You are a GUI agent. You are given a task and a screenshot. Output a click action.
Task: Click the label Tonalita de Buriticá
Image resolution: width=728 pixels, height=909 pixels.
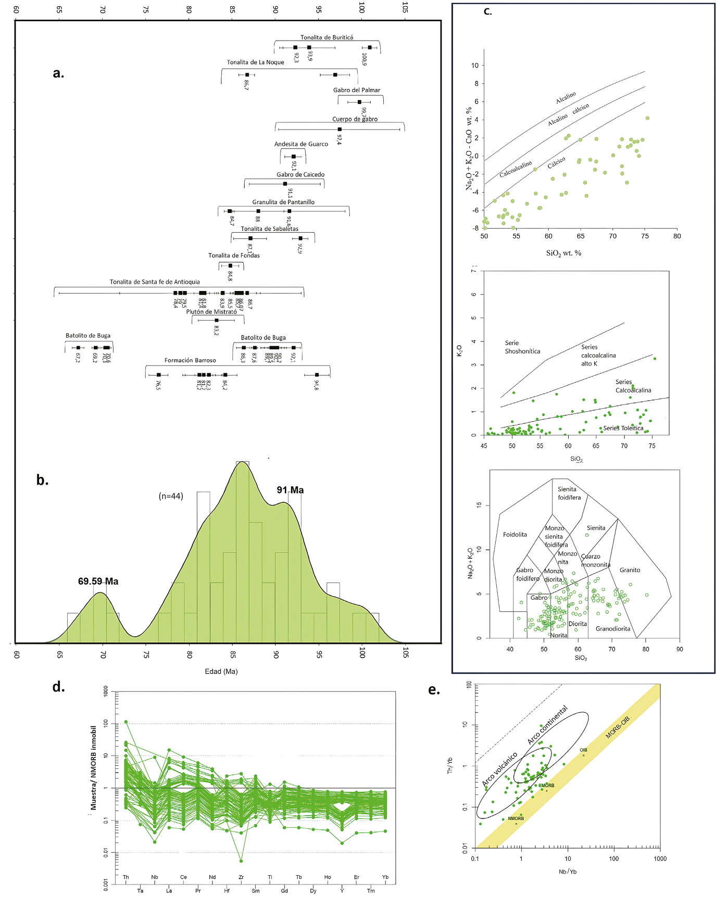(x=327, y=37)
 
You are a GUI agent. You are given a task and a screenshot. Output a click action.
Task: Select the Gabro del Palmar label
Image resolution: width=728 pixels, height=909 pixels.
(x=357, y=90)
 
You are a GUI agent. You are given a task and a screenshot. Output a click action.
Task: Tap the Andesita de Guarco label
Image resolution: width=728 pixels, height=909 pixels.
(x=301, y=144)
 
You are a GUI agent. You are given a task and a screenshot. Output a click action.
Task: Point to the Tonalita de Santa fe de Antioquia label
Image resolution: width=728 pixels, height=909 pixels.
(x=155, y=282)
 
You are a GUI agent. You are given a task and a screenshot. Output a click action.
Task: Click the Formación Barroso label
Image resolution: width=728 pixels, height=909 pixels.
(x=190, y=360)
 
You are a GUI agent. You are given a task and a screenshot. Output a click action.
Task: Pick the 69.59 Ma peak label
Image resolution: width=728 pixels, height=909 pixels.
(x=98, y=582)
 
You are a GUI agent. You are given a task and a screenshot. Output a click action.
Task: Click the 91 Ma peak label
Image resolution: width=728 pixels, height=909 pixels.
(x=290, y=490)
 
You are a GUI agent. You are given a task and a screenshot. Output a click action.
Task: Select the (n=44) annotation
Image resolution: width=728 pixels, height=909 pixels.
(x=171, y=496)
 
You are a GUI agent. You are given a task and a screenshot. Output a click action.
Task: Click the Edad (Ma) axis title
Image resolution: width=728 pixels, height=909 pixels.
(x=221, y=672)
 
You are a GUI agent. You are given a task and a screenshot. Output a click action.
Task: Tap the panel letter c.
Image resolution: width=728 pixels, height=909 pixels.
(x=487, y=11)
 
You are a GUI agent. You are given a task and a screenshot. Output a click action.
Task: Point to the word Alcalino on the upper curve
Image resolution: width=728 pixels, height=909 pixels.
(x=566, y=97)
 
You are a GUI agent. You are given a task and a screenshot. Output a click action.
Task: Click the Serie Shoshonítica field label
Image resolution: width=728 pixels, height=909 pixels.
(x=522, y=347)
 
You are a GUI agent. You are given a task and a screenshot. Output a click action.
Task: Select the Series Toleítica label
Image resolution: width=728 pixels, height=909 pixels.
(x=623, y=428)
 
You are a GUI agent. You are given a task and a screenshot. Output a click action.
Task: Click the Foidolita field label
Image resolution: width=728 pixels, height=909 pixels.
(x=514, y=535)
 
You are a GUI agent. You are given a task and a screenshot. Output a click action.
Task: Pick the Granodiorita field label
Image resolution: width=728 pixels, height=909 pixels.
(x=613, y=629)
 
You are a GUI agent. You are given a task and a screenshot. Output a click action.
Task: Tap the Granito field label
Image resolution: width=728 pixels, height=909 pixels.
(x=630, y=570)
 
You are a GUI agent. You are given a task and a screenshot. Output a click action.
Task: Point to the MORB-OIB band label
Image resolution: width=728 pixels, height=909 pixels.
(x=618, y=727)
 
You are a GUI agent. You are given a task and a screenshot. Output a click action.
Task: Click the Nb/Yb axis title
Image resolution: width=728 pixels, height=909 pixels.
(x=568, y=872)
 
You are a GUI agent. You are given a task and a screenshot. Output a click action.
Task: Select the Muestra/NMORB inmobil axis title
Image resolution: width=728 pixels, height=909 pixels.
(x=94, y=768)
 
